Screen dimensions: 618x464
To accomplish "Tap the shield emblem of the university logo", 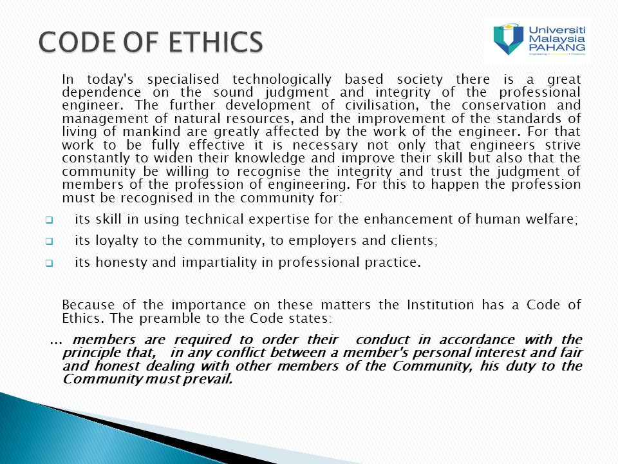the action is click(x=509, y=39).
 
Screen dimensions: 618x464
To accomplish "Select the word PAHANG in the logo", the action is click(x=557, y=47).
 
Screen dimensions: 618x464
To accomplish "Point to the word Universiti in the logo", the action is click(x=557, y=30).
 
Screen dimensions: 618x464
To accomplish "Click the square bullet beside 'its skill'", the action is click(x=49, y=220).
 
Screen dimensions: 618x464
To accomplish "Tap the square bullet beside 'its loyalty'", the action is click(x=49, y=241).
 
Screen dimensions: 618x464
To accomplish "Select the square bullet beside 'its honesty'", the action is click(x=49, y=263).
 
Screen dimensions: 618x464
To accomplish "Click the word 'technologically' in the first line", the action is click(x=282, y=80).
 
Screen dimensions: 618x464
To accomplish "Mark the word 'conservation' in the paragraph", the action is click(x=504, y=105).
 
